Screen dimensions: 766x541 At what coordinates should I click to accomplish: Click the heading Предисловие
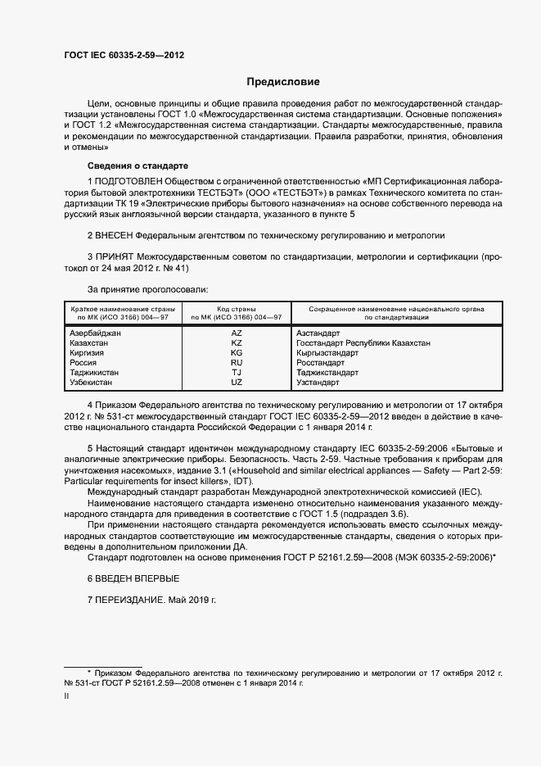284,82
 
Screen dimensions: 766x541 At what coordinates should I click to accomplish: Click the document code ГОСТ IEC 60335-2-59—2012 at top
124,55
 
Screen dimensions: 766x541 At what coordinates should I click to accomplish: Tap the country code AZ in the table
237,333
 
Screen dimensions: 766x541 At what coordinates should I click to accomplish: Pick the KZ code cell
237,343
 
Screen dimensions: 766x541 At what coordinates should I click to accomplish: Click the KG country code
237,352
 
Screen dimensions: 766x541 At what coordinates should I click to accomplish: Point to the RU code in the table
237,362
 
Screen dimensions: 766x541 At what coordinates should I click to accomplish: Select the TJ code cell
237,372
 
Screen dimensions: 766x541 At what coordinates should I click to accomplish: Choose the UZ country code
237,382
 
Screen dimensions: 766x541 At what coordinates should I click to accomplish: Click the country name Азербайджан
96,333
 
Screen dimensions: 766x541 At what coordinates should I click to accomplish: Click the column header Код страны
237,309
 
